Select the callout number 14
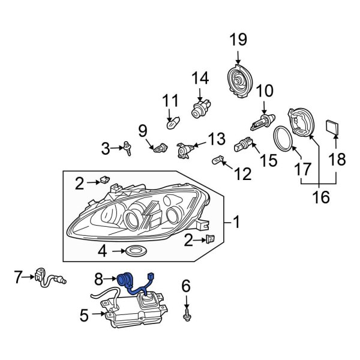pos(200,78)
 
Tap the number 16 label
pos(322,197)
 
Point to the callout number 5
pos(84,314)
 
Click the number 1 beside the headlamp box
pos(236,223)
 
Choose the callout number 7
pos(19,277)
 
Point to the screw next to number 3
pos(127,148)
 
